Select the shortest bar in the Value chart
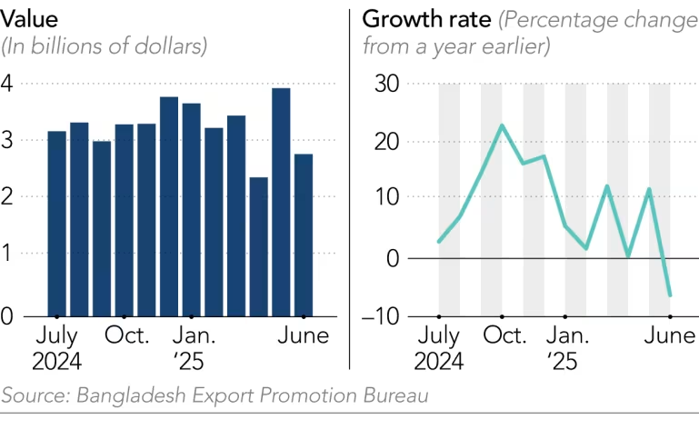pyautogui.click(x=258, y=246)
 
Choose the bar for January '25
pyautogui.click(x=191, y=209)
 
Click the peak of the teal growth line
pyautogui.click(x=502, y=125)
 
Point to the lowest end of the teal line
pyautogui.click(x=670, y=295)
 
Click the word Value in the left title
pyautogui.click(x=28, y=18)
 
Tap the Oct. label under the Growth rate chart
pyautogui.click(x=503, y=335)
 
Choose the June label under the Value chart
pyautogui.click(x=303, y=335)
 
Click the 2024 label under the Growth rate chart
pyautogui.click(x=438, y=362)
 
